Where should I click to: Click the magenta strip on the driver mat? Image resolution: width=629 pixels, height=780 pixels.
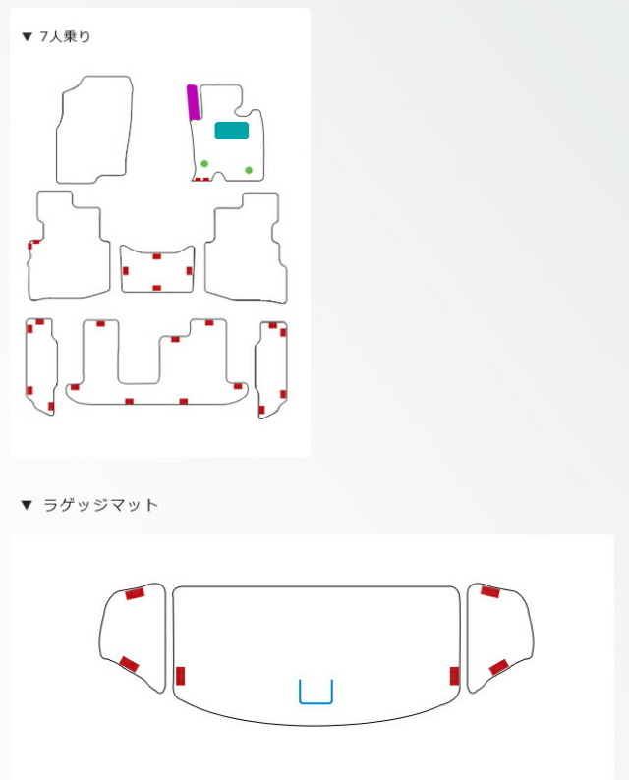(x=193, y=102)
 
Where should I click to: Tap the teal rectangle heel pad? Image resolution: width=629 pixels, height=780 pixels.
(x=231, y=131)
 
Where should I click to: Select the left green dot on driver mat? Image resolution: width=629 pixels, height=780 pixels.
(x=204, y=164)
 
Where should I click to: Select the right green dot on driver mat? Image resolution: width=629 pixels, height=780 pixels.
(x=249, y=170)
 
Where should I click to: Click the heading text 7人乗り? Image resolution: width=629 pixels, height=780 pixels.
(x=65, y=36)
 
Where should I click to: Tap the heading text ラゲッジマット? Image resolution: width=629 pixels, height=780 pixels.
(x=100, y=505)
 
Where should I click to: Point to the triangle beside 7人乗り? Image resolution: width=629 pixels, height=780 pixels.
(x=28, y=36)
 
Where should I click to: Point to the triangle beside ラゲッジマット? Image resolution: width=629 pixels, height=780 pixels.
(x=27, y=505)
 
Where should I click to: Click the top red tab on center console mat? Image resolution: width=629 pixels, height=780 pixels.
(x=156, y=256)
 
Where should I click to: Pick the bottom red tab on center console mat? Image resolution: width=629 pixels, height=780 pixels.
(x=156, y=288)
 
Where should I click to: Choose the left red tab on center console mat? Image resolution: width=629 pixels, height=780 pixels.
(x=126, y=271)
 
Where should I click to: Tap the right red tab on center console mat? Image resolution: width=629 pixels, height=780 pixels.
(x=189, y=271)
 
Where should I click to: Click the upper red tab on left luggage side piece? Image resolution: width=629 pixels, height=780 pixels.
(x=135, y=593)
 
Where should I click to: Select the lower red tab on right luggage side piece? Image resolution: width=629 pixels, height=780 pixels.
(x=498, y=667)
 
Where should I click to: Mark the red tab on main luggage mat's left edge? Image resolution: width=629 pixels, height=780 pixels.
(x=180, y=676)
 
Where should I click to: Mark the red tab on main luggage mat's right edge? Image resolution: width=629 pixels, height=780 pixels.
(x=454, y=676)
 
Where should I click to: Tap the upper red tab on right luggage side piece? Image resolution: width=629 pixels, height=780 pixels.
(x=490, y=592)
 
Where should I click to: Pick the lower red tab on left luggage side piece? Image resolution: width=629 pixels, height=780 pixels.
(x=129, y=664)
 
